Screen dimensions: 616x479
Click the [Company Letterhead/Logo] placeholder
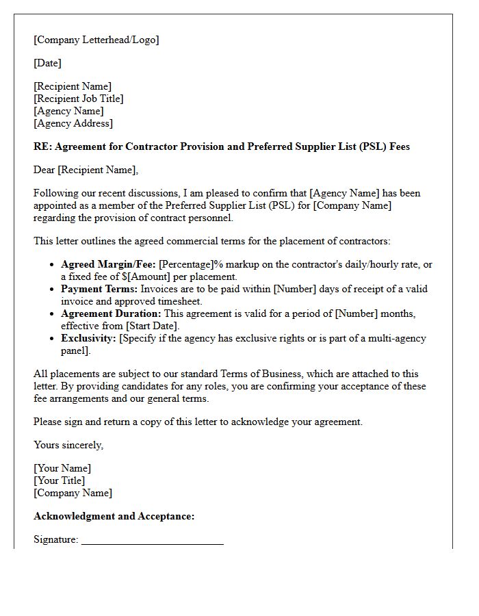pos(96,40)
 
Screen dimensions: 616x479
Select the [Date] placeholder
pos(47,63)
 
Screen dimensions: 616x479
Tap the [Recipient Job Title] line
pos(78,99)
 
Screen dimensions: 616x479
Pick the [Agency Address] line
pos(73,123)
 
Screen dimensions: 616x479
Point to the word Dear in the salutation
pos(44,170)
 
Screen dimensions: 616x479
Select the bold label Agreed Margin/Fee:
pos(108,264)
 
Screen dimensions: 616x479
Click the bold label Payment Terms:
pos(99,289)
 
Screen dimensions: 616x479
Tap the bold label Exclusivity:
pos(88,338)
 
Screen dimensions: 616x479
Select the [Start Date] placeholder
pos(151,326)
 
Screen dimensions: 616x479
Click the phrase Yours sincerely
pos(68,445)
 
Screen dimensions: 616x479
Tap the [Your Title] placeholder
pos(60,480)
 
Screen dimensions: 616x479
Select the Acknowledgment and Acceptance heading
pos(114,516)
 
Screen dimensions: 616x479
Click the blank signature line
pos(152,541)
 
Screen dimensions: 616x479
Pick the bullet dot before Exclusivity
pos(52,338)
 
